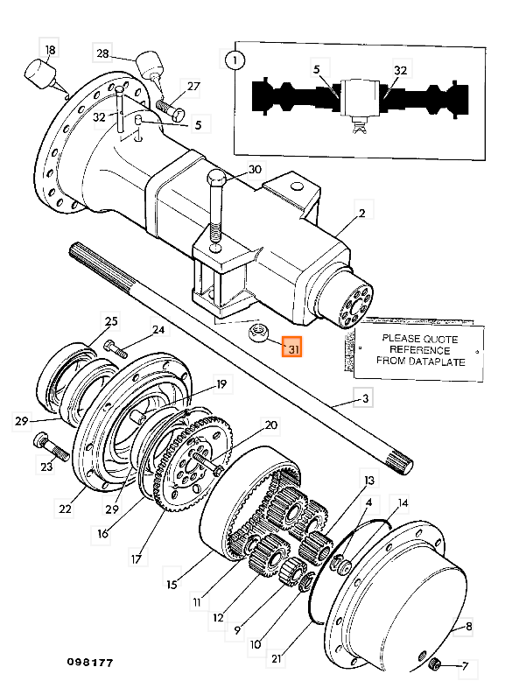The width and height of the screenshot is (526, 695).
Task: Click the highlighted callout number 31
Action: (x=292, y=348)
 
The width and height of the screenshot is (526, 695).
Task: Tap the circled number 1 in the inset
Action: (x=234, y=60)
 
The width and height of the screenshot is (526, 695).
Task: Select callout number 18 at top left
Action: (x=50, y=52)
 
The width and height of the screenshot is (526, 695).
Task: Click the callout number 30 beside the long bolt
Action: (x=256, y=169)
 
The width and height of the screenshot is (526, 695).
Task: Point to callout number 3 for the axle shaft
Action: (x=366, y=399)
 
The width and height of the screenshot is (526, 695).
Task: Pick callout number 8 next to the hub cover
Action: (x=468, y=627)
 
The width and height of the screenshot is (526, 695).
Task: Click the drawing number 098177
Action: (x=88, y=663)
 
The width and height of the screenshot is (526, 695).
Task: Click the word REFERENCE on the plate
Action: (x=420, y=348)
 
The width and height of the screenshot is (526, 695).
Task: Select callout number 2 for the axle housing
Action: (x=361, y=212)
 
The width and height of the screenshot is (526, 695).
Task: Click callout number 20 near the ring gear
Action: (x=271, y=425)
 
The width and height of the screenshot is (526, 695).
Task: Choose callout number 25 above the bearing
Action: (x=111, y=320)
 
